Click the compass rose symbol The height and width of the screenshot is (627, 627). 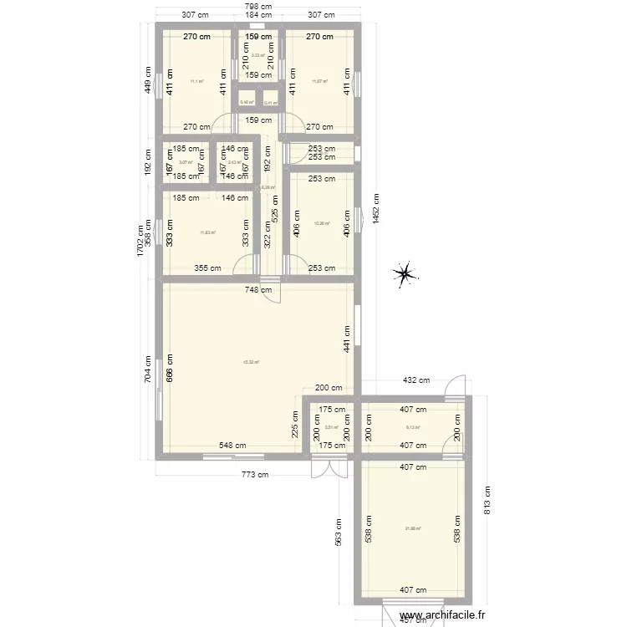pyautogui.click(x=405, y=273)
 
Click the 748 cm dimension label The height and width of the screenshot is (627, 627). pyautogui.click(x=257, y=290)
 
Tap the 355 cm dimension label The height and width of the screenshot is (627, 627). pyautogui.click(x=208, y=268)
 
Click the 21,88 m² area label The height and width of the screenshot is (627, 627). pyautogui.click(x=413, y=528)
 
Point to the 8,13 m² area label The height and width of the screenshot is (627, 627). pyautogui.click(x=412, y=427)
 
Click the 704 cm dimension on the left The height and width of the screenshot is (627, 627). pyautogui.click(x=148, y=370)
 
